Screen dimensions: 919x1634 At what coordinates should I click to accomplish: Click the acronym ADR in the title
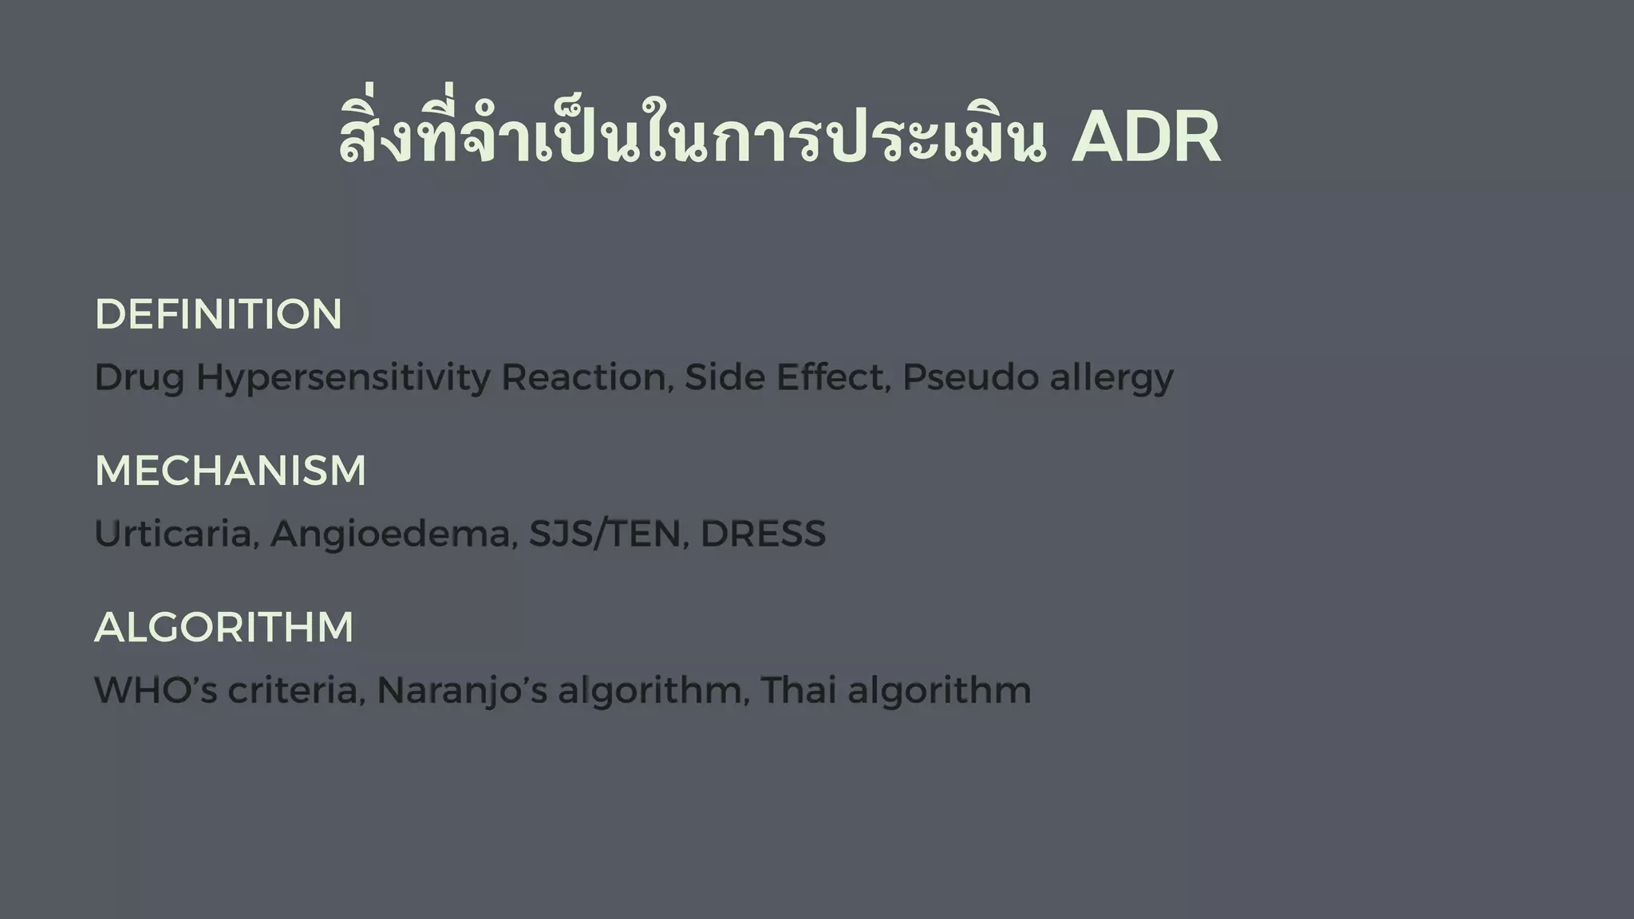pyautogui.click(x=1145, y=138)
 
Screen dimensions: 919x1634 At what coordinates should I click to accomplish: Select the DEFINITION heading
pyautogui.click(x=218, y=314)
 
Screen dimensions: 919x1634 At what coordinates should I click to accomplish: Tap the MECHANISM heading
pyautogui.click(x=230, y=471)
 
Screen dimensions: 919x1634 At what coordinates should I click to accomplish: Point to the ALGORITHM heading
pyautogui.click(x=223, y=627)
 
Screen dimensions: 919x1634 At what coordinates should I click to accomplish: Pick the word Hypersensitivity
pyautogui.click(x=343, y=378)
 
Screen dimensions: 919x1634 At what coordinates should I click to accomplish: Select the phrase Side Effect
pyautogui.click(x=787, y=377)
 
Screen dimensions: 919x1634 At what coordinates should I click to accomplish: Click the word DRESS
pyautogui.click(x=763, y=534)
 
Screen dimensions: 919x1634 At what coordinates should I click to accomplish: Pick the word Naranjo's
pyautogui.click(x=461, y=691)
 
